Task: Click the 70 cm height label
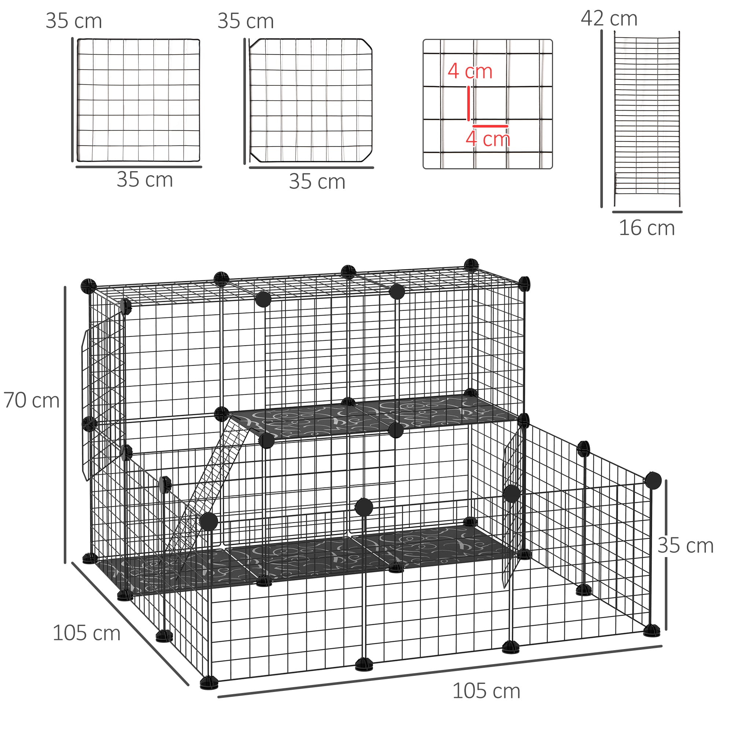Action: [32, 401]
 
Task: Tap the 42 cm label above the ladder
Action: [608, 18]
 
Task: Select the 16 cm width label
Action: [647, 228]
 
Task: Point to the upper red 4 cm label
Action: [470, 71]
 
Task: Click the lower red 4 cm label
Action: [487, 139]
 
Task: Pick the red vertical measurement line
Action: [468, 103]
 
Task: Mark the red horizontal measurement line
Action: [490, 126]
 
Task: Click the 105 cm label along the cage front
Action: [486, 691]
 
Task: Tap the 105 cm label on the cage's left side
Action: [86, 633]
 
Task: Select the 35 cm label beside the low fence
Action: [685, 546]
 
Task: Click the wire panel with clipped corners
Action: [310, 100]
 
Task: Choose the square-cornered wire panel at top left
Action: [139, 100]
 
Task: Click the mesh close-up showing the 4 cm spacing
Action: [487, 104]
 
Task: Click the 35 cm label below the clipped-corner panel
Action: [317, 182]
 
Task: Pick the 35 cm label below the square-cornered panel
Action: [144, 180]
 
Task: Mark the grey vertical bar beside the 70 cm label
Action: [65, 425]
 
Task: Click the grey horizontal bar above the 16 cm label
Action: [647, 212]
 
